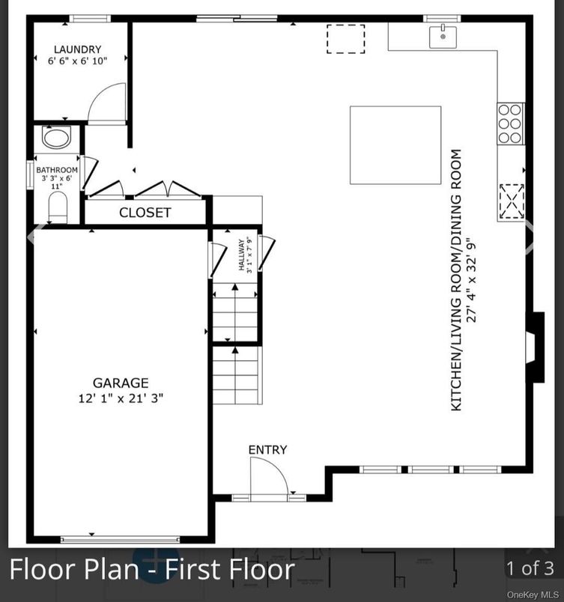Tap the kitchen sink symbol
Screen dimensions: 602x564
[443, 35]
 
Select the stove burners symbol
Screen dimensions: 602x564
[510, 124]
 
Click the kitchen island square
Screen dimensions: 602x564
[395, 145]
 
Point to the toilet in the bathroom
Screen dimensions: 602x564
[58, 207]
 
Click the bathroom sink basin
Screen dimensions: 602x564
[56, 138]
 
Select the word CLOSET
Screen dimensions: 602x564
[145, 213]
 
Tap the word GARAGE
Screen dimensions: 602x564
[121, 383]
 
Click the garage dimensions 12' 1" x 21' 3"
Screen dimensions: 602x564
[121, 398]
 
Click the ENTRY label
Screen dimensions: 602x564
[267, 450]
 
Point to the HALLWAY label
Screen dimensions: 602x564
[242, 255]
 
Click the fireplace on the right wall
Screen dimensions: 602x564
[534, 347]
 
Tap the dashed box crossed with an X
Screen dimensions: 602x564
[512, 201]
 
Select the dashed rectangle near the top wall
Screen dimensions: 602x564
[345, 39]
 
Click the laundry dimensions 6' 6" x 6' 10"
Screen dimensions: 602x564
[78, 62]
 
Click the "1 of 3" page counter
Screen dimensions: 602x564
[530, 568]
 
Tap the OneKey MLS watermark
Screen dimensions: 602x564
[533, 595]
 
